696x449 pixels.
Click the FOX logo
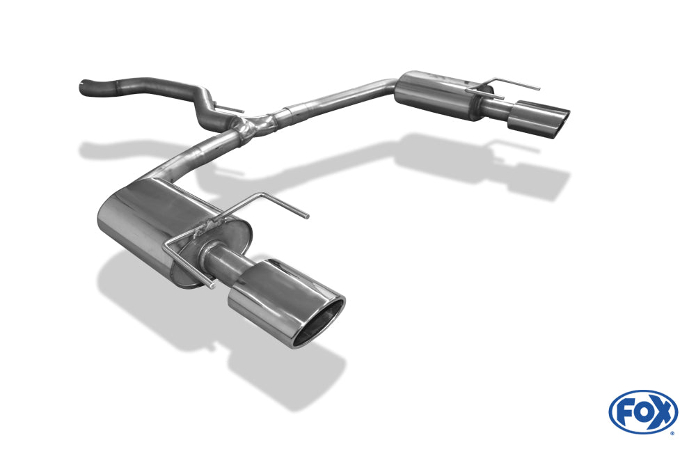[x=643, y=412]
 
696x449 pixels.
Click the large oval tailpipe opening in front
[x=319, y=323]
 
